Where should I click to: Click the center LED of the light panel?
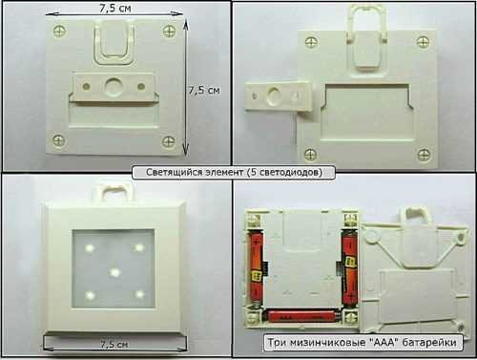114,272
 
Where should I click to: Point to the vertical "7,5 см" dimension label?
204,90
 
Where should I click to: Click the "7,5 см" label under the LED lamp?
114,345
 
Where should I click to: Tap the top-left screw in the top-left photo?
59,32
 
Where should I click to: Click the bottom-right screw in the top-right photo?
424,155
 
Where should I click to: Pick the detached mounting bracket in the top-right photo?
280,96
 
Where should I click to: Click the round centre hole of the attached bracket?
114,86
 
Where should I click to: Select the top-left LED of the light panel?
90,247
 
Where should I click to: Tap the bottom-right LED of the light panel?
139,294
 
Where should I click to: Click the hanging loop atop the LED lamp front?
114,191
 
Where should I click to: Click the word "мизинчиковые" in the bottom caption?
326,343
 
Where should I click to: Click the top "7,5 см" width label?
114,8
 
